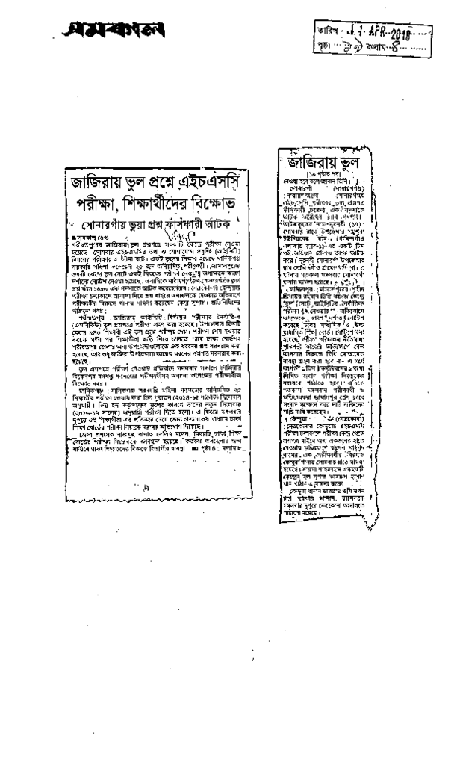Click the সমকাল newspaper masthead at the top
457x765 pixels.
coord(116,31)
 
